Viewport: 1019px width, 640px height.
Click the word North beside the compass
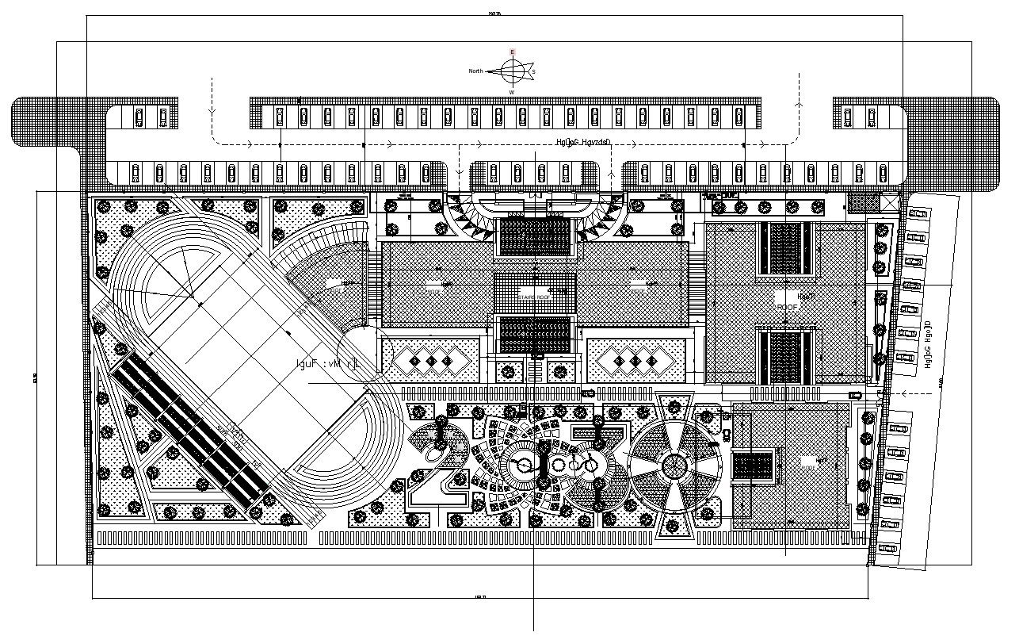tap(475, 71)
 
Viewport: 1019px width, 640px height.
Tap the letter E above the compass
tap(512, 52)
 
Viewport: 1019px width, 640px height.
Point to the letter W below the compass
tap(512, 92)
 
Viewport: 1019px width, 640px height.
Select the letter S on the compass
tap(533, 72)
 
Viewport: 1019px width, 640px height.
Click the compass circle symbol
tap(512, 71)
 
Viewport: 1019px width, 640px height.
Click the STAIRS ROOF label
tap(532, 297)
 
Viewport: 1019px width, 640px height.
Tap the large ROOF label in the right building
tap(787, 307)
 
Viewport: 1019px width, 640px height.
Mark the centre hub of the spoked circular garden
tap(674, 466)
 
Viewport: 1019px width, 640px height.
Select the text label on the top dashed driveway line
tap(584, 143)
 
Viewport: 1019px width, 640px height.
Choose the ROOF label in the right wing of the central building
tap(638, 282)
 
